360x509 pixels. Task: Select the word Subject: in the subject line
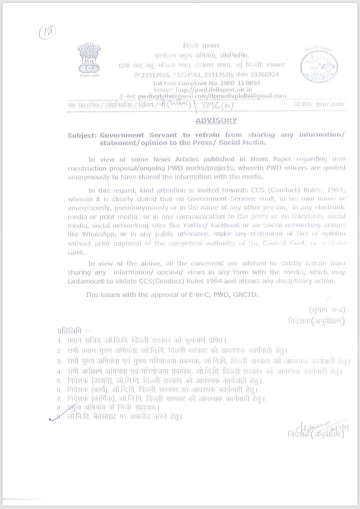[82, 135]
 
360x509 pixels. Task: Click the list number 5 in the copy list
[58, 380]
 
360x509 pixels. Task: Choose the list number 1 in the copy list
[58, 340]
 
